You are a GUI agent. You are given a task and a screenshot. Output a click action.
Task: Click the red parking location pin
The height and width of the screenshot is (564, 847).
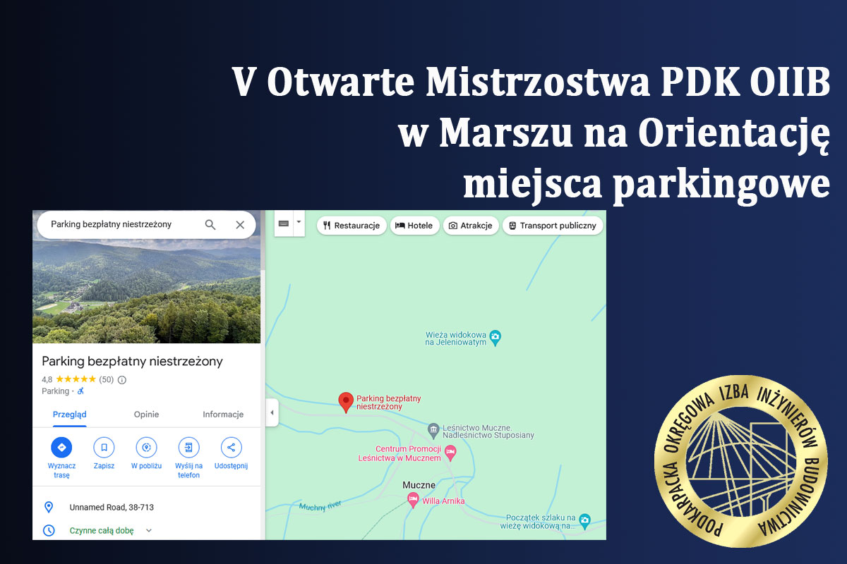(346, 402)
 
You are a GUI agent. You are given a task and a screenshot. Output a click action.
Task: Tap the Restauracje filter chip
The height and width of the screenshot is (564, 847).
(352, 226)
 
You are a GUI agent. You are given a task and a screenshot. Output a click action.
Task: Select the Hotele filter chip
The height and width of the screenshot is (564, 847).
(414, 226)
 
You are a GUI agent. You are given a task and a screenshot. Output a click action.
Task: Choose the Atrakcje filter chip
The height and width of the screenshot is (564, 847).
(470, 226)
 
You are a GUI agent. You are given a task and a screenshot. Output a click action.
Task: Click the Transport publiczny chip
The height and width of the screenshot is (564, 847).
(553, 226)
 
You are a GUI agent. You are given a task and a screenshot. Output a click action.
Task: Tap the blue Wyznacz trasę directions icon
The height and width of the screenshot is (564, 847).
(61, 447)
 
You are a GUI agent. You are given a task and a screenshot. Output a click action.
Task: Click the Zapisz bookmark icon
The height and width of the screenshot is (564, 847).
(104, 447)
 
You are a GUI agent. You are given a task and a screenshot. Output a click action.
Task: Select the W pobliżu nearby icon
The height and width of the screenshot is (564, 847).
(146, 447)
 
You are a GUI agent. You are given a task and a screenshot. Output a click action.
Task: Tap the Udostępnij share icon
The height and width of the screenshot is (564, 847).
(231, 447)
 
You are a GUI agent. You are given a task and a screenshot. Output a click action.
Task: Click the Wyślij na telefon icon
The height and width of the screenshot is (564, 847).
(188, 447)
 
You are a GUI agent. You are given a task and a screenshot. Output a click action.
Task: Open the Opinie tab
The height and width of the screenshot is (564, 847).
(146, 415)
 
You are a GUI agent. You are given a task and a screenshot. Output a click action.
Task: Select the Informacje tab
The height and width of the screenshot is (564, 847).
(223, 415)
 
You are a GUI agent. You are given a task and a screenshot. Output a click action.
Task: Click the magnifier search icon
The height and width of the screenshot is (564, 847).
(210, 225)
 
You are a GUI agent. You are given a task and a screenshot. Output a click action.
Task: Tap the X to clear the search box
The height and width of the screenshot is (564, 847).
(240, 225)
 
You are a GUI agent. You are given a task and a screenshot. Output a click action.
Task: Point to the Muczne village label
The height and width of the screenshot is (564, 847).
(419, 485)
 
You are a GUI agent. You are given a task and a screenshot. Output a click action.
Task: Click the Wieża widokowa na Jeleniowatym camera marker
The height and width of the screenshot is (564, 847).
(495, 337)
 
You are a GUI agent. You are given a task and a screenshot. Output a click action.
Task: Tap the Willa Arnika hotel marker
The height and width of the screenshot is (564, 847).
(413, 500)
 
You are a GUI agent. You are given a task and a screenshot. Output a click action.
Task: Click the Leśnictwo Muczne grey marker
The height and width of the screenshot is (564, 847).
(433, 430)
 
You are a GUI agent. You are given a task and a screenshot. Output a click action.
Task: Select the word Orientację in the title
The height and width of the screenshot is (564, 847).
(734, 133)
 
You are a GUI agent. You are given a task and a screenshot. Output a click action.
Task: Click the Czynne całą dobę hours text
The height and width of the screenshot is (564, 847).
(102, 531)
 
